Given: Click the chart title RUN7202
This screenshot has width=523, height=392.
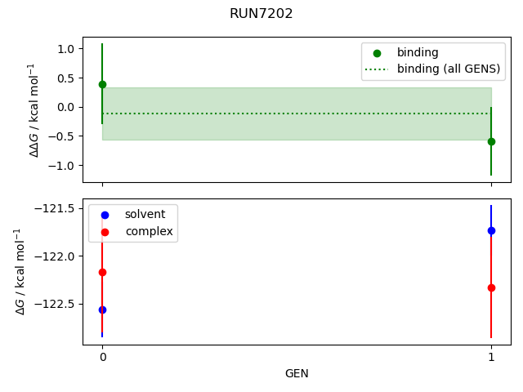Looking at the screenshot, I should pos(261,14).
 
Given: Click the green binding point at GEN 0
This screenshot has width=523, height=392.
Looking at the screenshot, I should pos(102,84).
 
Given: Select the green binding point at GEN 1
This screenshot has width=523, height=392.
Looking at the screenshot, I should pos(491,141).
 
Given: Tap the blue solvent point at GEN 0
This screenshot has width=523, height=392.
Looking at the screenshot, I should pos(102,310).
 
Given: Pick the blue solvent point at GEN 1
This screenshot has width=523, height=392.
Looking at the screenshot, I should pos(491,230).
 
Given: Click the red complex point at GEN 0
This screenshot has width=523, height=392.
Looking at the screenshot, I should pos(102,272).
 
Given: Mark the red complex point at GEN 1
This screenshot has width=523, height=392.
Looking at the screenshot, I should pos(491,287).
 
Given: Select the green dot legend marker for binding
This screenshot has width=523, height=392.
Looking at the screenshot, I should pos(377,52).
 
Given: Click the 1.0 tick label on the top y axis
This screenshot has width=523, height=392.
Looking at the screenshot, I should pos(66,49).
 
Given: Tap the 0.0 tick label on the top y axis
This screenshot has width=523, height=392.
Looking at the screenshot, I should pos(66,107).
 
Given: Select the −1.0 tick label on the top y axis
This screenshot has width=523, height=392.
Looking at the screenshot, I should pos(63,166).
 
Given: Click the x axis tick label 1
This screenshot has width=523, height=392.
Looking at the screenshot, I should pos(491,357).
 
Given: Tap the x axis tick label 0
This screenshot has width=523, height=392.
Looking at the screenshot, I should pos(102,357).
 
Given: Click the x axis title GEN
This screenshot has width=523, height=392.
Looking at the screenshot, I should pos(297,373).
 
